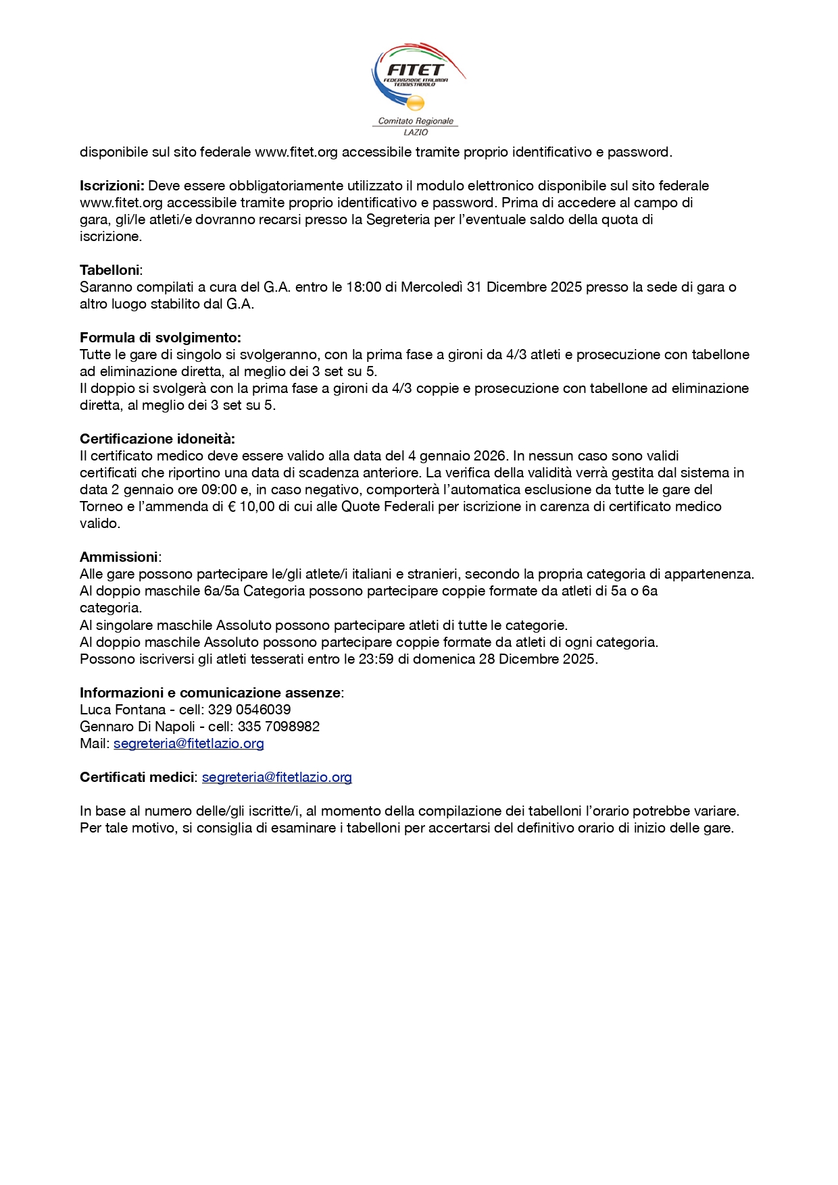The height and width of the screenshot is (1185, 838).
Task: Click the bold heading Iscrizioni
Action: point(112,186)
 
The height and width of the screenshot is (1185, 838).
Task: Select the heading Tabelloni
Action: point(109,270)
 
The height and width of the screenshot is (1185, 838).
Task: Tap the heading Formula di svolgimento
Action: point(160,338)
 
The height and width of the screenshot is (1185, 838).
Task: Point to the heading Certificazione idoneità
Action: point(157,439)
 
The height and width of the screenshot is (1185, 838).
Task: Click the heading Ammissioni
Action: point(119,557)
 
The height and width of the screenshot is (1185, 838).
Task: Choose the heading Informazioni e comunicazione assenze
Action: point(210,693)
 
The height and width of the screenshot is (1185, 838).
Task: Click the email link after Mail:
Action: point(189,743)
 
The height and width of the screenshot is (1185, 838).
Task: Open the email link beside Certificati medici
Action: point(277,777)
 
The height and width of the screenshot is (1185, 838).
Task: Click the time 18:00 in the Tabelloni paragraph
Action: point(364,287)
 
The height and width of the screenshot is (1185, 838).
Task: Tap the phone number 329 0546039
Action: point(249,710)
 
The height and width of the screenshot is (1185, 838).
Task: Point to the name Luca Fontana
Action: point(122,710)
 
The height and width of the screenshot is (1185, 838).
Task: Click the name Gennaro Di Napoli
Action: point(137,727)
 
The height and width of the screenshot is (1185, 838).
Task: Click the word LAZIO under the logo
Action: point(416,132)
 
